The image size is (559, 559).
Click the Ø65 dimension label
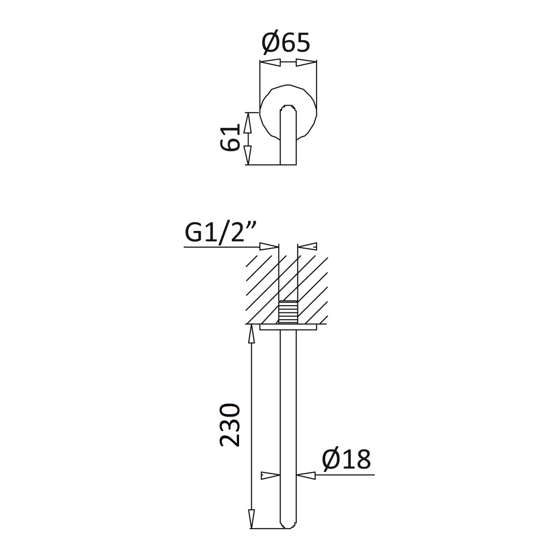pyautogui.click(x=286, y=43)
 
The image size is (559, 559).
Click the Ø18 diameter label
pyautogui.click(x=346, y=460)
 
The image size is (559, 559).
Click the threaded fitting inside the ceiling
pyautogui.click(x=288, y=312)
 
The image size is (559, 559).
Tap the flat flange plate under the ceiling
pyautogui.click(x=288, y=327)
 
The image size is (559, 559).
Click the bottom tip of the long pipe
pyautogui.click(x=288, y=528)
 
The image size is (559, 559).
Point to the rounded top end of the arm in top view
pyautogui.click(x=288, y=106)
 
